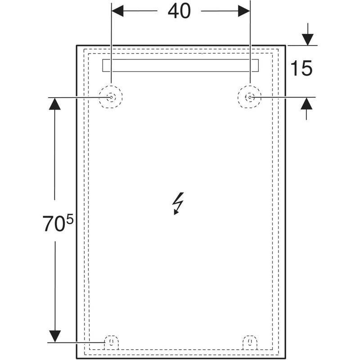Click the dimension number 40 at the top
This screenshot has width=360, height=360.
(x=179, y=12)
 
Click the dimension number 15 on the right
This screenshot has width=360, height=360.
(x=301, y=68)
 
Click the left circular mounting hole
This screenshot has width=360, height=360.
(x=111, y=97)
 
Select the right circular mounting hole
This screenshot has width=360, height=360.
(x=250, y=97)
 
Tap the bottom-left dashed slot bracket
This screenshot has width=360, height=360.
(x=111, y=343)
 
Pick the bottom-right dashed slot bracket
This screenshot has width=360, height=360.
(x=250, y=343)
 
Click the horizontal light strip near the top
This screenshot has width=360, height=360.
(x=180, y=66)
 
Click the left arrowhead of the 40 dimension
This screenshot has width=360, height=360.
(x=117, y=12)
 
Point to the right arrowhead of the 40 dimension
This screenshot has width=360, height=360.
(x=243, y=12)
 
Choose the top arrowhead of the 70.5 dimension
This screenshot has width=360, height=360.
(x=54, y=103)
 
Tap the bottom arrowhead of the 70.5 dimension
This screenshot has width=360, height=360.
(x=54, y=336)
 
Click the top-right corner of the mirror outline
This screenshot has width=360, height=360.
(x=285, y=45)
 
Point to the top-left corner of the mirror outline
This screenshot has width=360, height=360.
(x=76, y=45)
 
